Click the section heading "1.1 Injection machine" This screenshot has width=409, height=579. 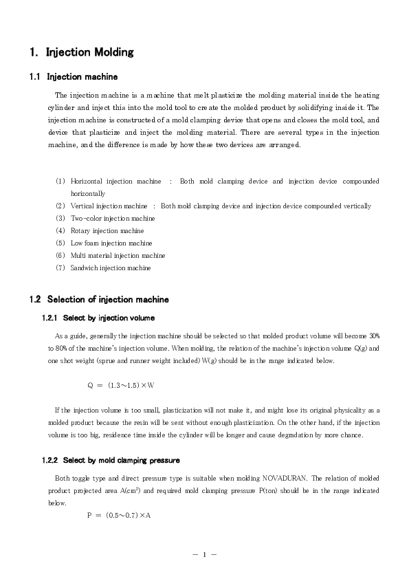click(74, 76)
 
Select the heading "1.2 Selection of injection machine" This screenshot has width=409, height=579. click(99, 299)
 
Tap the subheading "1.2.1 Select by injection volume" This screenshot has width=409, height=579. click(98, 318)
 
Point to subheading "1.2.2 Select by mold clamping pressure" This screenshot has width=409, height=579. click(111, 459)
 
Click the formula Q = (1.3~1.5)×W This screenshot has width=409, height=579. click(120, 385)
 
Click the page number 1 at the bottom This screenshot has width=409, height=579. click(204, 554)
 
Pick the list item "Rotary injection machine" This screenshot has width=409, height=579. click(107, 230)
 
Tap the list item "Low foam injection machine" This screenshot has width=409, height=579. click(111, 243)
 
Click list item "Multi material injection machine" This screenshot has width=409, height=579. click(118, 255)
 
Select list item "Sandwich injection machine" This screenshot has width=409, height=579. click(111, 267)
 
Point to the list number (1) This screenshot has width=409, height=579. click(60, 182)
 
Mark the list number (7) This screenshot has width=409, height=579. click(60, 267)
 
